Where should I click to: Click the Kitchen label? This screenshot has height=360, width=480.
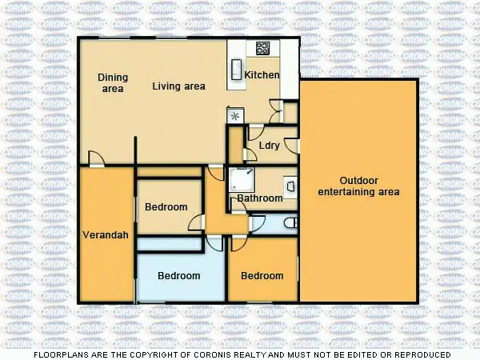[262, 75]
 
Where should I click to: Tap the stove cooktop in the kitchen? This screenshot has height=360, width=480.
[262, 48]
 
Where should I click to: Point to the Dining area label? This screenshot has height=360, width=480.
[113, 82]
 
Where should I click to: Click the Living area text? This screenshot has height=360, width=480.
[180, 86]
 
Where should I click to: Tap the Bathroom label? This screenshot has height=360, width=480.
[259, 198]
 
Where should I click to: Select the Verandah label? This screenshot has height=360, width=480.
[102, 235]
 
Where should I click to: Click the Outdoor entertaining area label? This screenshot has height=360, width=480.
[358, 186]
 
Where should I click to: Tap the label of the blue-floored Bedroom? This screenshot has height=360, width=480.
[178, 276]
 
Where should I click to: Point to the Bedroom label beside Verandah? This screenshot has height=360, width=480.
[166, 207]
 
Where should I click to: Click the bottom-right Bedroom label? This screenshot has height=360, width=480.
[262, 276]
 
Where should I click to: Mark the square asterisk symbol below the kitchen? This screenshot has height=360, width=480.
[235, 115]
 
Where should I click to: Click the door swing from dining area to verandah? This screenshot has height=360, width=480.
[95, 158]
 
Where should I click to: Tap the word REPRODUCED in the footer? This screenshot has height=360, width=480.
[421, 354]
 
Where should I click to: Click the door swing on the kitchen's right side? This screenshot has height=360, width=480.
[276, 106]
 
